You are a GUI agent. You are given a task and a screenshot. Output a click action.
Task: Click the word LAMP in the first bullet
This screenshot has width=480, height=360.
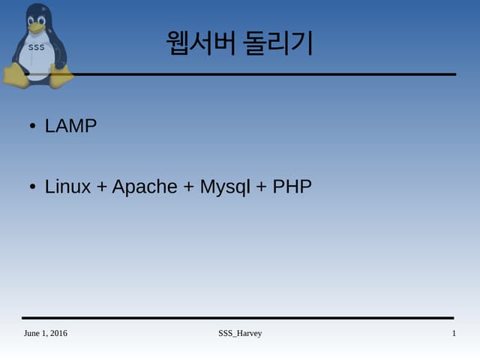click(x=70, y=126)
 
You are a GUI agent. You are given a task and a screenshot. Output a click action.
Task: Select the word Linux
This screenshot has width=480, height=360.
click(x=67, y=187)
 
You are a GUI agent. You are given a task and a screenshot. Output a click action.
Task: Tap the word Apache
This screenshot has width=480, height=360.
click(x=145, y=187)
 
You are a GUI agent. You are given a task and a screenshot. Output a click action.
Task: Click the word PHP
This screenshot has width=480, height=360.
click(x=292, y=187)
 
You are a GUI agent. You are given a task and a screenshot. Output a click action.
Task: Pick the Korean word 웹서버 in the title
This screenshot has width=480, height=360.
click(x=196, y=43)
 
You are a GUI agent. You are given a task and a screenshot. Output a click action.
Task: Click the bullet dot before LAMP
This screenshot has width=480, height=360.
click(x=32, y=127)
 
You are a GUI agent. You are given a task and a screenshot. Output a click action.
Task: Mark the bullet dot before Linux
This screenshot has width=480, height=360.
click(x=32, y=187)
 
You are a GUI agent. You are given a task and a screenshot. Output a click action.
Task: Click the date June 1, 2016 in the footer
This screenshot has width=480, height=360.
click(x=45, y=333)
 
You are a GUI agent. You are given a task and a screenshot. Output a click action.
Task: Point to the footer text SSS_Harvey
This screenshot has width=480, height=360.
click(x=235, y=333)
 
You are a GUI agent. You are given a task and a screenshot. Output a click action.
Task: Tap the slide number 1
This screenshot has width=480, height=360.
click(x=454, y=333)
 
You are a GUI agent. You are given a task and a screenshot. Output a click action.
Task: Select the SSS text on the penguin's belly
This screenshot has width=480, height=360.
click(x=36, y=48)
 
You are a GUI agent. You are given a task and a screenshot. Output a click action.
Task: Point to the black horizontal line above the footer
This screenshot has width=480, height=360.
click(x=238, y=318)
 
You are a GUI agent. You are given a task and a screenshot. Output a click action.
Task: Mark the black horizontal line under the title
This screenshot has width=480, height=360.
click(x=262, y=74)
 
